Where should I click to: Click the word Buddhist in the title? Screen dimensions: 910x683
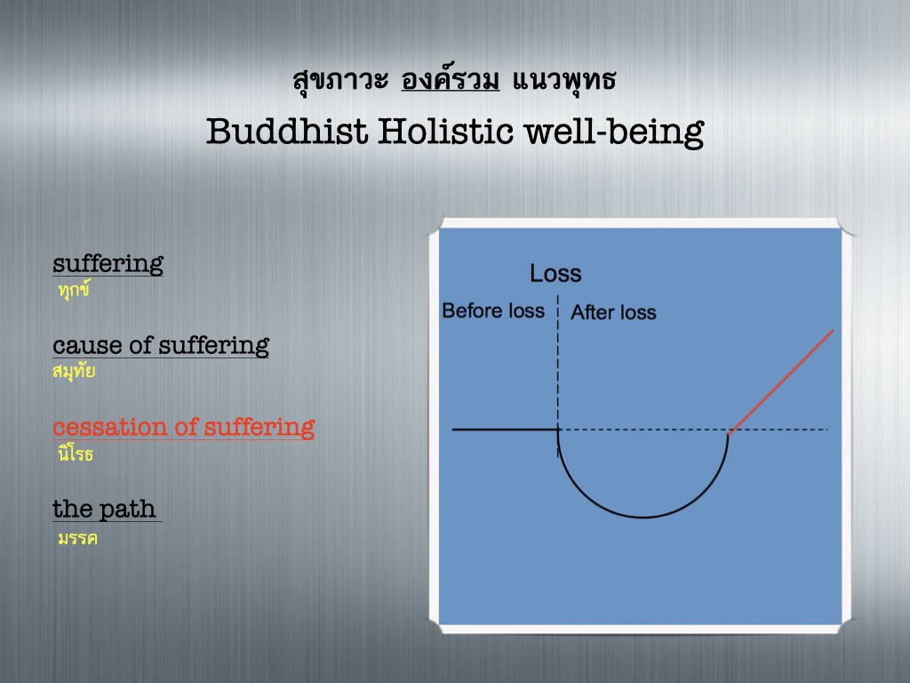pyautogui.click(x=287, y=131)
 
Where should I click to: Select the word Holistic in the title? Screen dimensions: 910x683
pyautogui.click(x=446, y=131)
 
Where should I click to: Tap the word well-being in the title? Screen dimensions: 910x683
pyautogui.click(x=615, y=133)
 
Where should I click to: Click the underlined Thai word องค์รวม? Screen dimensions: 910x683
pyautogui.click(x=450, y=79)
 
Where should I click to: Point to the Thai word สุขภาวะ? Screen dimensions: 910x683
pyautogui.click(x=340, y=80)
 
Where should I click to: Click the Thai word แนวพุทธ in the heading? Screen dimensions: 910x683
pyautogui.click(x=563, y=80)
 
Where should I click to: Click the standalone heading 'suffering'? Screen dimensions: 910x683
pyautogui.click(x=108, y=263)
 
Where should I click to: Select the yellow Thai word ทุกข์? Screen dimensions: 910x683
pyautogui.click(x=74, y=289)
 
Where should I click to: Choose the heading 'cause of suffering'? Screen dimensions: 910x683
pyautogui.click(x=161, y=345)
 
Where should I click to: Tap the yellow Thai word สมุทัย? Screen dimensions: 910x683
pyautogui.click(x=74, y=371)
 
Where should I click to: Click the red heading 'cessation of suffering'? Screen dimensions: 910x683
pyautogui.click(x=184, y=427)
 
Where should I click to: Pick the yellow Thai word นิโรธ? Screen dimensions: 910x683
pyautogui.click(x=76, y=453)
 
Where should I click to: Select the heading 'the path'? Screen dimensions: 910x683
pyautogui.click(x=105, y=509)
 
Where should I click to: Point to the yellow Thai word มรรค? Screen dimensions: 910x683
pyautogui.click(x=77, y=538)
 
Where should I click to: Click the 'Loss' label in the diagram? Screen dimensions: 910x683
pyautogui.click(x=555, y=274)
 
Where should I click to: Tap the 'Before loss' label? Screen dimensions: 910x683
pyautogui.click(x=493, y=310)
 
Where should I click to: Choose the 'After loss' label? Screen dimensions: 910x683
pyautogui.click(x=613, y=312)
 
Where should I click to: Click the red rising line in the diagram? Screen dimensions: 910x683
pyautogui.click(x=780, y=382)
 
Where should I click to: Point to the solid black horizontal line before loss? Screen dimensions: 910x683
pyautogui.click(x=505, y=430)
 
